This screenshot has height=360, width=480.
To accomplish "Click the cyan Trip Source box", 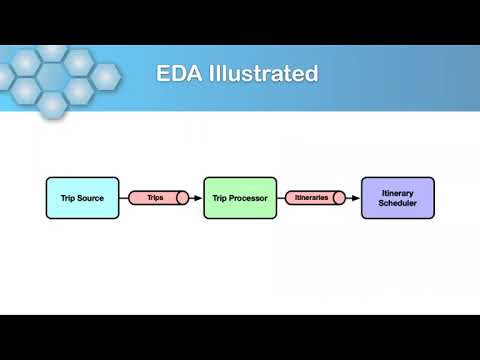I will [82, 198].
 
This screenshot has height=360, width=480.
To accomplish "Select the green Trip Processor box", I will [239, 198].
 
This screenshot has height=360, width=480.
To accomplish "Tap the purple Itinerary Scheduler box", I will [397, 198].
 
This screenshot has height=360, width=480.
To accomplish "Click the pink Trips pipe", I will [156, 198].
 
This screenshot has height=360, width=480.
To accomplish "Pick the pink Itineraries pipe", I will [314, 198].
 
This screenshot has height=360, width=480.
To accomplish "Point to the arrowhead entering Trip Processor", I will [199, 198].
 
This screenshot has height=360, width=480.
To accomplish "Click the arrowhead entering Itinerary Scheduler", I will [356, 198].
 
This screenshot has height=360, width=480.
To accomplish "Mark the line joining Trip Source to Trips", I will [124, 198].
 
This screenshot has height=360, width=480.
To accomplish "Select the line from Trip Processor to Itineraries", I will [281, 198].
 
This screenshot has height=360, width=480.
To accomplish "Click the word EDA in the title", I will [178, 74].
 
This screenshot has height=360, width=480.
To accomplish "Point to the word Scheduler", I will [397, 204].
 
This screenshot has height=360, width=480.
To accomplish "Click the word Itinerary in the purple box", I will [397, 192].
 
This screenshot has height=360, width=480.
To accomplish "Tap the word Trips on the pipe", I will [154, 198].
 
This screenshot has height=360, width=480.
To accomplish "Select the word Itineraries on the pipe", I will [310, 198].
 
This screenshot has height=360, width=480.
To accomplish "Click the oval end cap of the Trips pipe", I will [183, 198].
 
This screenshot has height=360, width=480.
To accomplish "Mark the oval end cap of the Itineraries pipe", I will [339, 198].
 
